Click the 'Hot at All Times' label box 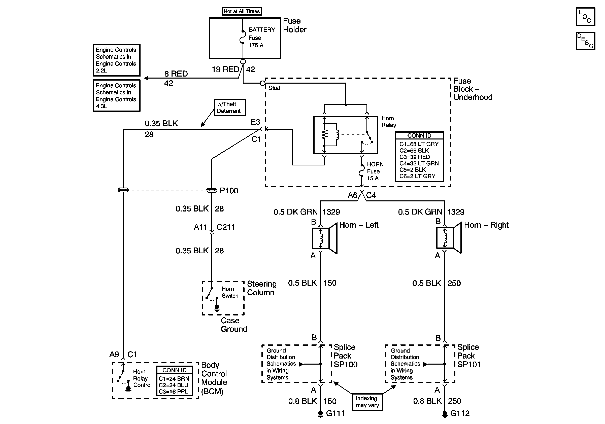click(241, 11)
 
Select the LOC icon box click(585, 17)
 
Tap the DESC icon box click(585, 41)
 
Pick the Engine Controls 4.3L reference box click(116, 96)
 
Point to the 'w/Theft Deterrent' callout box click(230, 108)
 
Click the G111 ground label click(335, 413)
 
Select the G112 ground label click(460, 413)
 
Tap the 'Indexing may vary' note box click(367, 402)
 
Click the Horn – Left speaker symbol click(325, 238)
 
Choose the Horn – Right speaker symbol click(449, 238)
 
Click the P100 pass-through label click(229, 191)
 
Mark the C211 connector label click(226, 227)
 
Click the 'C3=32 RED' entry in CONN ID click(415, 157)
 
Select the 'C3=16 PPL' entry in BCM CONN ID click(173, 392)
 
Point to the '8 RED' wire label click(176, 74)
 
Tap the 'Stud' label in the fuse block click(274, 88)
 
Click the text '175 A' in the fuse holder click(256, 45)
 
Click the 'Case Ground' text click(234, 325)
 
